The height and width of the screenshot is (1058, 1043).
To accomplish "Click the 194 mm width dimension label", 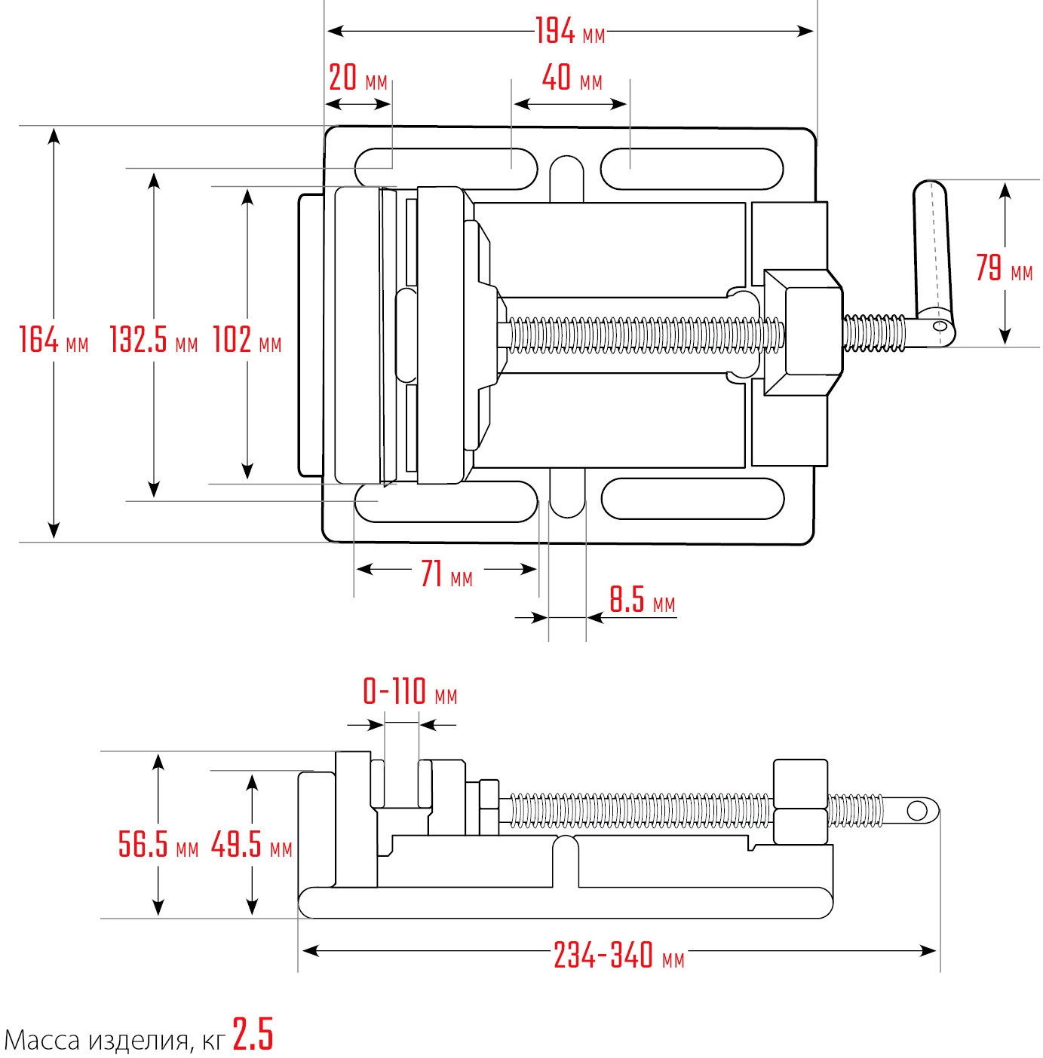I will (x=570, y=32).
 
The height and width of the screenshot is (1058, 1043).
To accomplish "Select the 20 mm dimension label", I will (x=357, y=78).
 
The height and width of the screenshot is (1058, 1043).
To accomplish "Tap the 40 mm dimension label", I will (x=572, y=78).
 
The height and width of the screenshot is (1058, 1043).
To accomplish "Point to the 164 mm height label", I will (x=54, y=340).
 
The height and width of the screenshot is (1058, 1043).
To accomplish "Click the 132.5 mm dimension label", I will (x=153, y=340).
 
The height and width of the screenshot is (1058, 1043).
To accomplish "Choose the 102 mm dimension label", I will (x=247, y=340).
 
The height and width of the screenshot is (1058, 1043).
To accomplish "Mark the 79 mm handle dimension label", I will (x=1004, y=268).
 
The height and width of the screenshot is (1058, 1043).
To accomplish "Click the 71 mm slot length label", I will (x=446, y=575).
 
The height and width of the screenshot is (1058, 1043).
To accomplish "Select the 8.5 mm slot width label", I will (x=642, y=601).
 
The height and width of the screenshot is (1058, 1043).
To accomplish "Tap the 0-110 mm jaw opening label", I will (x=410, y=691).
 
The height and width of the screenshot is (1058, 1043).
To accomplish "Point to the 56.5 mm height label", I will (x=158, y=844).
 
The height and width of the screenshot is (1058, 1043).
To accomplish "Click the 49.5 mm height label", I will (x=251, y=844).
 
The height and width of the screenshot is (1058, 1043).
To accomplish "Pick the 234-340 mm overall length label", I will (x=619, y=956).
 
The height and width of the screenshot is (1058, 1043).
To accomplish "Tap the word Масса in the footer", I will (x=42, y=1040).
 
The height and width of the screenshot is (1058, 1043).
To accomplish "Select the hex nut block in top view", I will (x=804, y=332).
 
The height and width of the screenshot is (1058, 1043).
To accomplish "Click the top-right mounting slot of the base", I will (x=692, y=168).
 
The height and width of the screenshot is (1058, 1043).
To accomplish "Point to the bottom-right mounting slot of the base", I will (x=692, y=499).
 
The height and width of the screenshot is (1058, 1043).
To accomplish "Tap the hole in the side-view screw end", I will (x=917, y=811).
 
